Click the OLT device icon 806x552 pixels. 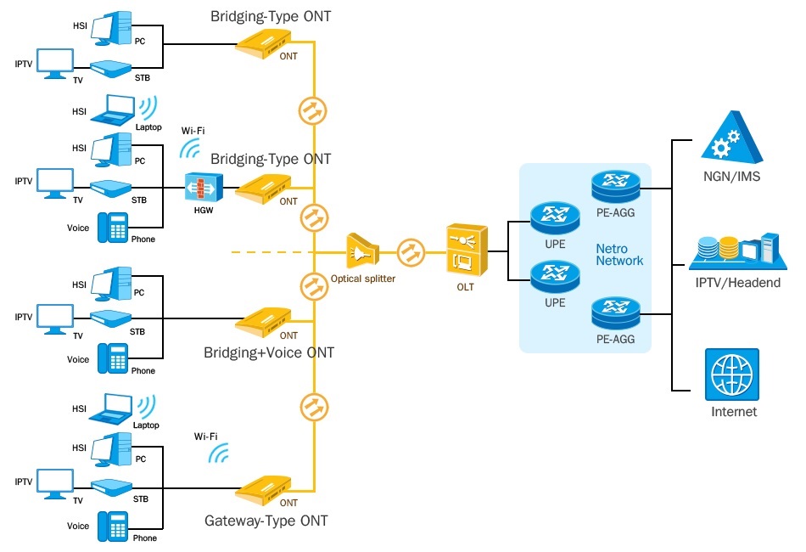pyautogui.click(x=467, y=251)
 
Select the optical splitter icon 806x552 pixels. pyautogui.click(x=362, y=251)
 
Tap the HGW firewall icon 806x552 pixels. pyautogui.click(x=204, y=188)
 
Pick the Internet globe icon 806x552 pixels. pyautogui.click(x=732, y=375)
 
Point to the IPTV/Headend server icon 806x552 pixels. pyautogui.click(x=737, y=251)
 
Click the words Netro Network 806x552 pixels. pyautogui.click(x=619, y=255)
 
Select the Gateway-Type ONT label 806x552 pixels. pyautogui.click(x=266, y=521)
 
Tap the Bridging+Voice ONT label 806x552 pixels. pyautogui.click(x=269, y=352)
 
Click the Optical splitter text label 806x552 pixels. pyautogui.click(x=363, y=279)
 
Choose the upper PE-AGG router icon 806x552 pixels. pyautogui.click(x=616, y=187)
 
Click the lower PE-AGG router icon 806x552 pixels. pyautogui.click(x=616, y=313)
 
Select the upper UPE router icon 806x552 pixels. pyautogui.click(x=555, y=218)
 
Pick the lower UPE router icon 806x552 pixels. pyautogui.click(x=555, y=277)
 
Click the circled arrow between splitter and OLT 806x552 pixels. pyautogui.click(x=411, y=252)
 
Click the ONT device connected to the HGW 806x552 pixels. pyautogui.click(x=263, y=189)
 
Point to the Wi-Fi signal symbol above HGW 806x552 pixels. pyautogui.click(x=190, y=148)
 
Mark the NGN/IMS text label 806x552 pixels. pyautogui.click(x=731, y=177)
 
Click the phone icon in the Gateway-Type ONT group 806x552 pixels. pyautogui.click(x=113, y=527)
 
